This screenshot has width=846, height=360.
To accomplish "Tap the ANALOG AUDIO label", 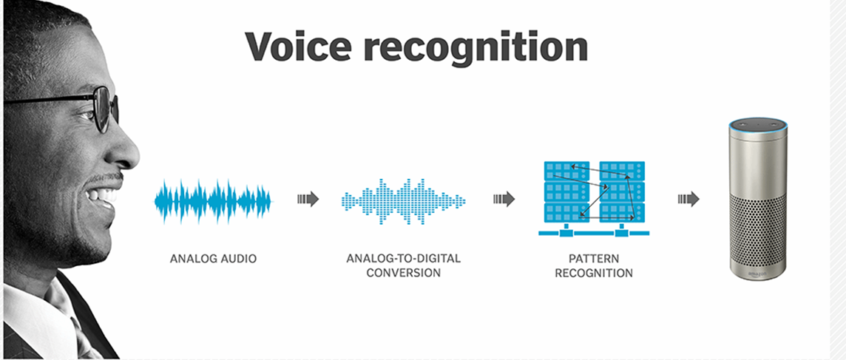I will coord(214,259).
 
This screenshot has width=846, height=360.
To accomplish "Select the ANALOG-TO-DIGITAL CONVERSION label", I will coord(403,265).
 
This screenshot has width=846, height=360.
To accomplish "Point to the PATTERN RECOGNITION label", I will coord(590,265).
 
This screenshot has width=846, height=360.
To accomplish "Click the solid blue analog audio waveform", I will coord(213,200).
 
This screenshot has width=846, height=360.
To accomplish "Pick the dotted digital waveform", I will coord(403,200).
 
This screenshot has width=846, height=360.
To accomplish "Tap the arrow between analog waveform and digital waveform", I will coord(308,199).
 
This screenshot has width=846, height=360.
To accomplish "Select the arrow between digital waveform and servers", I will coord(504,199).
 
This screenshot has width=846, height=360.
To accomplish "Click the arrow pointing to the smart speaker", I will coord(688,199).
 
